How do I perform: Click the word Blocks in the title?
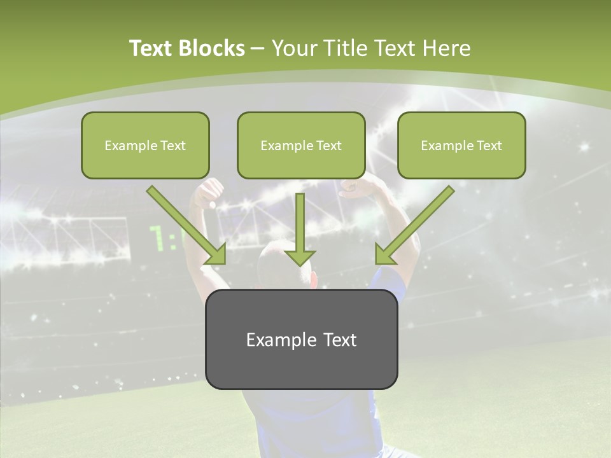[x=213, y=48]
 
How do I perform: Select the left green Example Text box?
[x=145, y=145]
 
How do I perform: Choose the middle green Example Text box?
[x=301, y=145]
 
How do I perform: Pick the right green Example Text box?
[x=461, y=145]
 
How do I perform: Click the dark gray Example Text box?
[x=301, y=339]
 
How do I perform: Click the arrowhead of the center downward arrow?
[x=300, y=257]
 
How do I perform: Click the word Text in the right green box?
[x=489, y=146]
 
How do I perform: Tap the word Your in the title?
[x=295, y=48]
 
